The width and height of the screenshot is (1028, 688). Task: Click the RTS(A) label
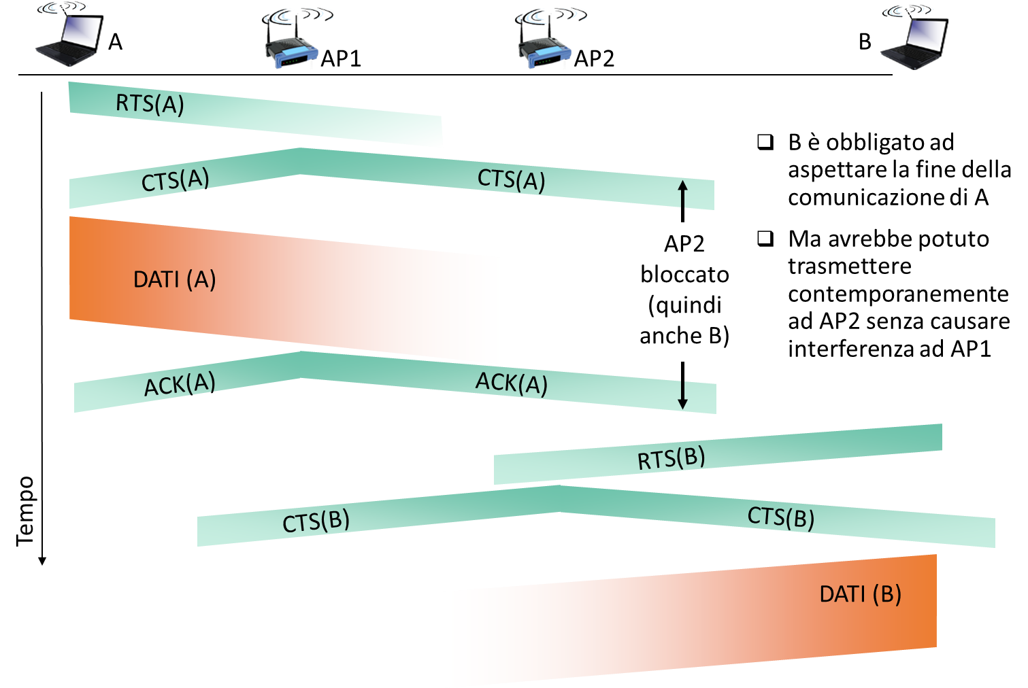click(x=150, y=104)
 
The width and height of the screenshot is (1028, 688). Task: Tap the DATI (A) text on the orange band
click(x=174, y=279)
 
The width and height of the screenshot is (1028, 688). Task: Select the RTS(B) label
click(x=671, y=459)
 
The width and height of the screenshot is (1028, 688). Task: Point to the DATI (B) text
click(x=860, y=594)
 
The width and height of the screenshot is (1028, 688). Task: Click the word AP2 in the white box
click(x=684, y=243)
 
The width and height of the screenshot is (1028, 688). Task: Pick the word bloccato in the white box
click(x=684, y=274)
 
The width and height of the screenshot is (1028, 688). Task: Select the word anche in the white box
click(x=671, y=336)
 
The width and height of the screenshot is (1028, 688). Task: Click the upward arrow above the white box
click(x=683, y=194)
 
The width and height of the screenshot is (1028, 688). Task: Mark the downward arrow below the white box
click(x=683, y=396)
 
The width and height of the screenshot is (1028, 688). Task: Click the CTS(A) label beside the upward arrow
click(x=511, y=180)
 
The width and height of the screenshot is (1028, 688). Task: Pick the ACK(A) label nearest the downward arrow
click(x=511, y=383)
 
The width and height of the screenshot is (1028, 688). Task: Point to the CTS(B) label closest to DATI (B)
click(x=781, y=517)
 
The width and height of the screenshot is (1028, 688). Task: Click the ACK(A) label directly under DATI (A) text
click(x=180, y=385)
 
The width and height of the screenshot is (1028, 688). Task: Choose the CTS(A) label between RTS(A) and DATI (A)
click(x=175, y=180)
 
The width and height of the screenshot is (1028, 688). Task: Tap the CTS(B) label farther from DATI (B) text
click(x=316, y=521)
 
